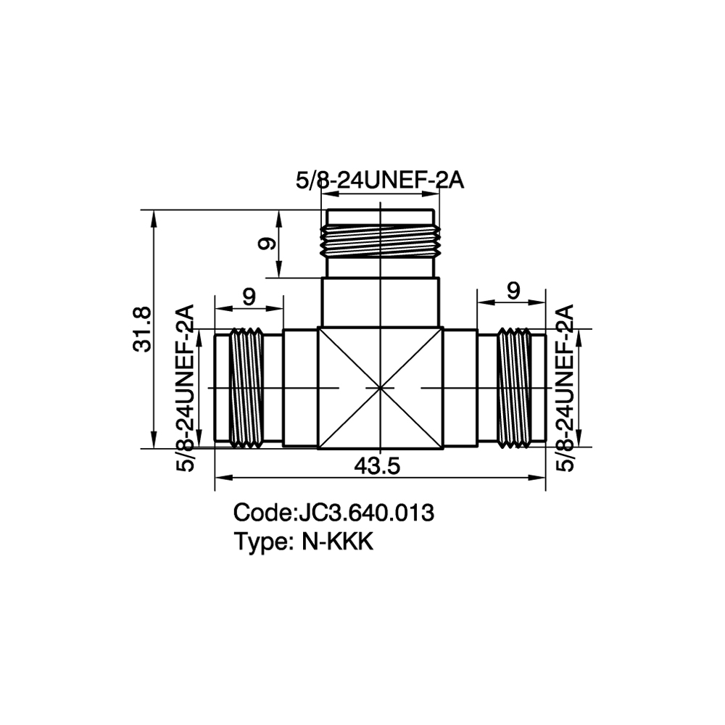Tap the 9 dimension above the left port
(249, 297)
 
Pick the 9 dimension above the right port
(513, 291)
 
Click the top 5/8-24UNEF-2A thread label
(380, 181)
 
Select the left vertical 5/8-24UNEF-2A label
(185, 388)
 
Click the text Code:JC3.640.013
(333, 513)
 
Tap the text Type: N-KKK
(304, 542)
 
